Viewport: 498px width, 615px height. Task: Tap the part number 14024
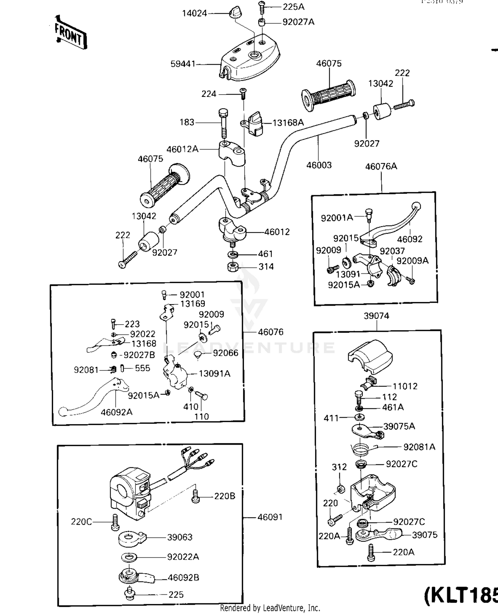194,14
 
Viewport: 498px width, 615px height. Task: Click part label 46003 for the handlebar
319,165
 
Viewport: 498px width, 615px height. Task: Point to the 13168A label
288,123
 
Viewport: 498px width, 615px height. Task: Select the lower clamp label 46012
277,232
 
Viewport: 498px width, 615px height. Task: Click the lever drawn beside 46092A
93,398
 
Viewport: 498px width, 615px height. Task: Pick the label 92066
225,353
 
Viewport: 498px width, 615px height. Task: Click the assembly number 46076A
381,166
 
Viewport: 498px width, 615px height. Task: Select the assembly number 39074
376,316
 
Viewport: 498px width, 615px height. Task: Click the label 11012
405,386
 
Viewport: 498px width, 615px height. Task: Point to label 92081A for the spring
419,447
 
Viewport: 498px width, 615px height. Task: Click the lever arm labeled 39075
378,534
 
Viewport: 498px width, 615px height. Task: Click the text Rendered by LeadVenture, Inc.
270,608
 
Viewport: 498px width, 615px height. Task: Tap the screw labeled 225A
262,6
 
